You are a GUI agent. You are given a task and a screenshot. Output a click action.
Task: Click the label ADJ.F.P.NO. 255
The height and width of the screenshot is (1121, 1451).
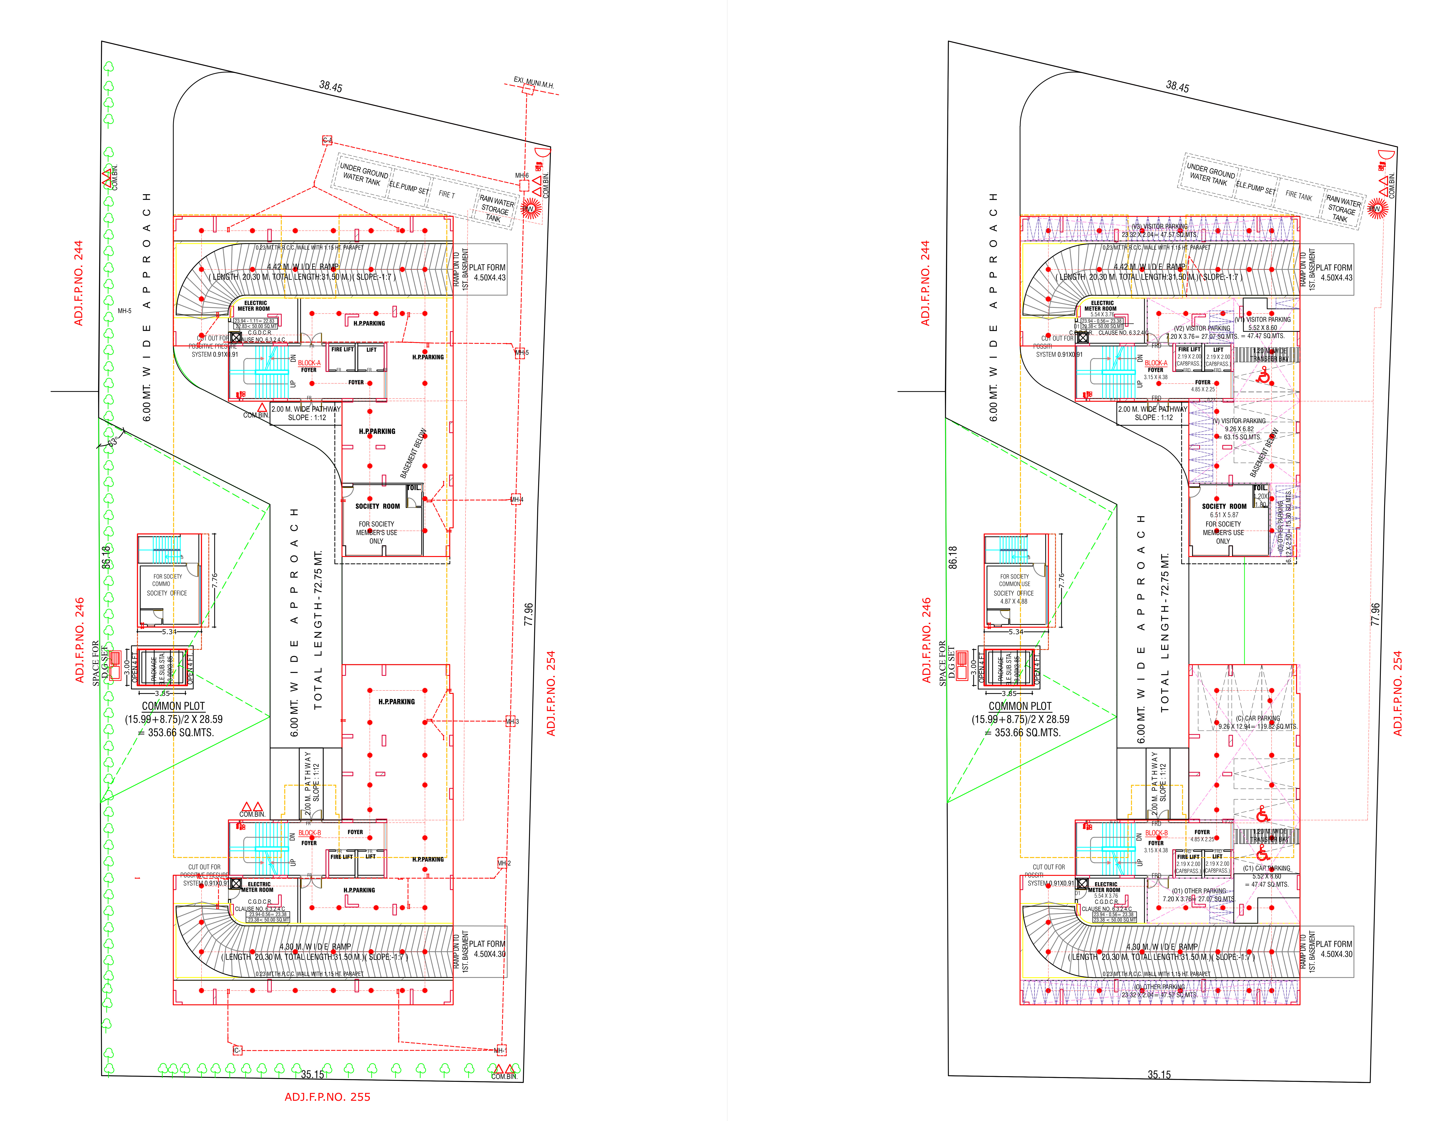tap(327, 1097)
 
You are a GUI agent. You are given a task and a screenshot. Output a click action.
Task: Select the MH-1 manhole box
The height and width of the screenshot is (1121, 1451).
tap(500, 1051)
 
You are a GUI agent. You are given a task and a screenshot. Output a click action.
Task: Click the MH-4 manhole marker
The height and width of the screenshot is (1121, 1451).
tap(516, 499)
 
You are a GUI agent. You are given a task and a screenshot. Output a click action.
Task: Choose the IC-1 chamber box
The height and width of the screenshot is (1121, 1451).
tap(237, 1051)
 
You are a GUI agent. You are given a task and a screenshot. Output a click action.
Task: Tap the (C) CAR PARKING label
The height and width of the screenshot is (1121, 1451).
tap(1258, 718)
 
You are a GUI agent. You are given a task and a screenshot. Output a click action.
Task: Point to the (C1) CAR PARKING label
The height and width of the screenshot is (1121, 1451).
tap(1266, 868)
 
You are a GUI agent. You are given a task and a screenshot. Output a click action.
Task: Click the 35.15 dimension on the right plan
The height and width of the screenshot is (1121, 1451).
tap(1159, 1075)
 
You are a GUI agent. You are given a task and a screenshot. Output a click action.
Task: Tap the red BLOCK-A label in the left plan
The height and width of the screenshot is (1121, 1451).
tap(309, 363)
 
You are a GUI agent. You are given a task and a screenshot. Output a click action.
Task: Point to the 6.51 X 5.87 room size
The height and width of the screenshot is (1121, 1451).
tap(1224, 515)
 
